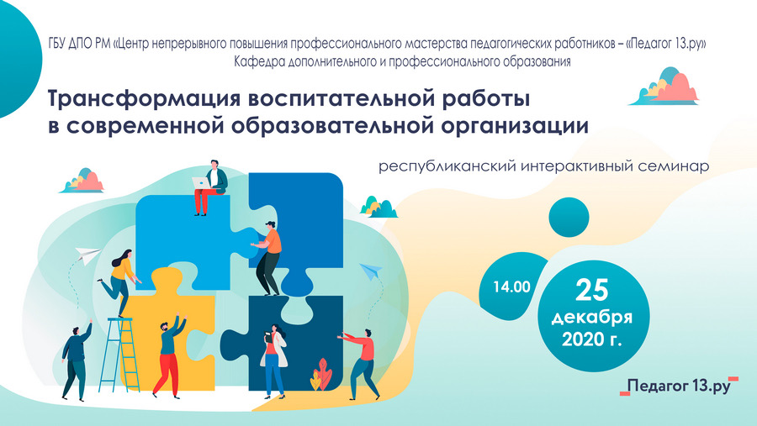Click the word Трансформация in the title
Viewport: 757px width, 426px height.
[145, 99]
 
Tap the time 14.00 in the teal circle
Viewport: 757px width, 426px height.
[511, 287]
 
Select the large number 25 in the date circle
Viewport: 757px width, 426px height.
[592, 290]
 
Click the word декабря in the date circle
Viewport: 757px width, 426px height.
[592, 318]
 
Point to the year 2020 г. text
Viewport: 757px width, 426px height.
[592, 339]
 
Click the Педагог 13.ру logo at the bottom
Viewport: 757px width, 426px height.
[679, 386]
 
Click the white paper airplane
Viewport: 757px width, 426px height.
[87, 255]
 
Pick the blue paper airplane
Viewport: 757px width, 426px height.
[371, 271]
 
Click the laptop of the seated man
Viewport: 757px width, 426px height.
[200, 183]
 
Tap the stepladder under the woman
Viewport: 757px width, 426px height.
[123, 354]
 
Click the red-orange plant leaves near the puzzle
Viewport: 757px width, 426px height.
[321, 374]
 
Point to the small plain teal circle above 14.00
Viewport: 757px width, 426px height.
[569, 217]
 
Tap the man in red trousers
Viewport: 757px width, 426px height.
[168, 355]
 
